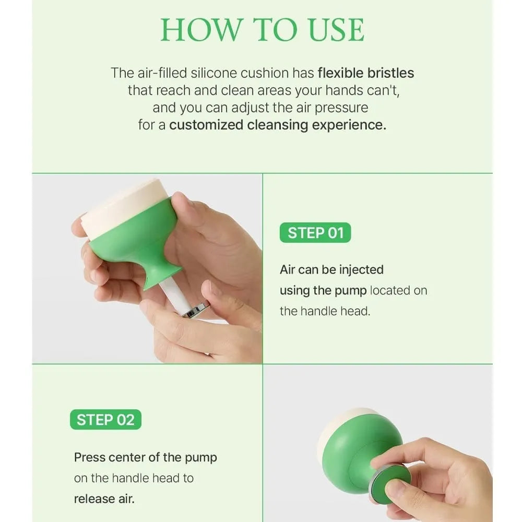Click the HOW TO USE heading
262,30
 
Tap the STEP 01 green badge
315,233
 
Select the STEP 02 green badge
105,420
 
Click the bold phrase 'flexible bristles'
365,73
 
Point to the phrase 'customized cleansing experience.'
278,125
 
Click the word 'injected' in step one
361,270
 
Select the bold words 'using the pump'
323,290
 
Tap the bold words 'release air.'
104,498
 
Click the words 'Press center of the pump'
145,457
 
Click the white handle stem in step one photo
175,295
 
